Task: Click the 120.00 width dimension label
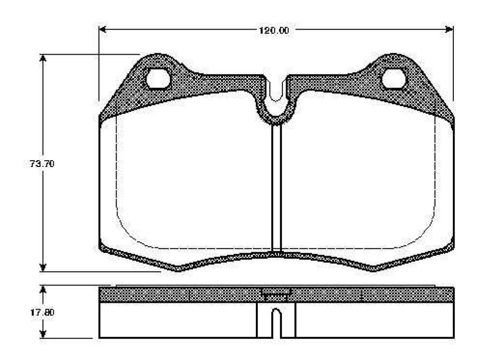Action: pos(274,30)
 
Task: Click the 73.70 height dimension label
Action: pos(42,164)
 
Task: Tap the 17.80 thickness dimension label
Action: pos(42,312)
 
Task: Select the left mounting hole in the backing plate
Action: pos(158,78)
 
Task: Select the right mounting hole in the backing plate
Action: pos(394,78)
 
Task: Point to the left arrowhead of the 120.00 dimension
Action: pos(103,30)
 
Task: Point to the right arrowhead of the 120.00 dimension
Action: pos(449,30)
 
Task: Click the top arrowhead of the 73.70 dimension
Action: pos(43,59)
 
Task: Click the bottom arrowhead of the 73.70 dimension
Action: pos(43,268)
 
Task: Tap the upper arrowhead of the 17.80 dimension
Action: pos(43,289)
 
